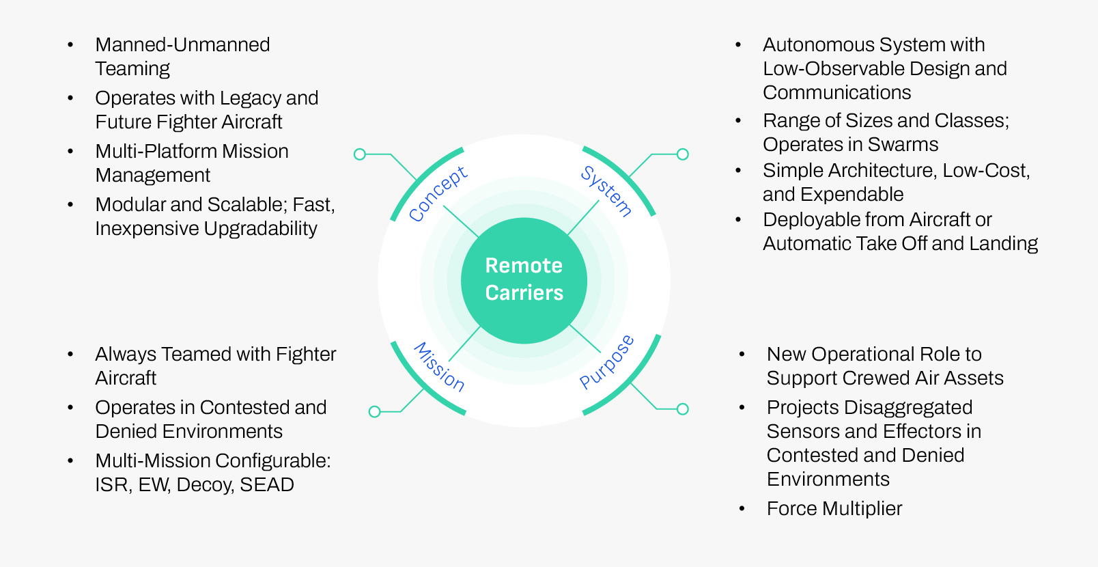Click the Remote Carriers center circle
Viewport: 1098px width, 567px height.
(x=524, y=280)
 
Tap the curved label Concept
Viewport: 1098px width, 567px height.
(x=438, y=194)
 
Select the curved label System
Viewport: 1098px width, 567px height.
(x=606, y=191)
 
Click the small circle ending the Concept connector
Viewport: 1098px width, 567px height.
(x=360, y=154)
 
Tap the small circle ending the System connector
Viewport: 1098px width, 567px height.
(x=682, y=154)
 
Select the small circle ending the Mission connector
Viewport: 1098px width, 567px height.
(x=374, y=411)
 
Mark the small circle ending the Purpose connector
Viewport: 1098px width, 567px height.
(x=682, y=409)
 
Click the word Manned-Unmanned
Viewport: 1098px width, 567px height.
(x=182, y=45)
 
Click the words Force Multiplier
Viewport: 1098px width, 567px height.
(x=834, y=509)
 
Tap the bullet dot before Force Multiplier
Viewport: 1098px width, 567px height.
(x=742, y=509)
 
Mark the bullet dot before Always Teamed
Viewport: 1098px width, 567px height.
(x=70, y=355)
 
